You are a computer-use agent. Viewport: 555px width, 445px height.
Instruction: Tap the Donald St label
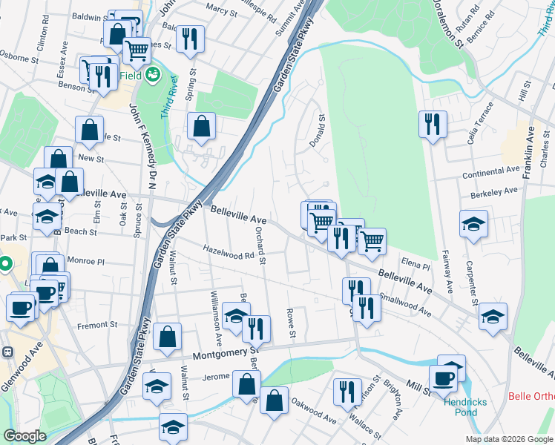tap(322, 131)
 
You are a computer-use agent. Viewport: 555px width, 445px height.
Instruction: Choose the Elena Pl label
tap(416, 265)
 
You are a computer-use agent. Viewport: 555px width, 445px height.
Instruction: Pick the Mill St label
tap(418, 386)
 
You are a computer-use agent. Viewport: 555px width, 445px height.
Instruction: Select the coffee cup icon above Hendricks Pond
tap(443, 378)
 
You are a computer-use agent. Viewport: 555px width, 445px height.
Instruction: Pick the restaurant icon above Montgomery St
tap(256, 327)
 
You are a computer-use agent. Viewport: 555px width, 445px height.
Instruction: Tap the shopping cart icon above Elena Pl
tap(372, 239)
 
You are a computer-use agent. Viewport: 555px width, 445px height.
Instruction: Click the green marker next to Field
tap(153, 74)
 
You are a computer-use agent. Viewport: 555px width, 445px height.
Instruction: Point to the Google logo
tap(25, 436)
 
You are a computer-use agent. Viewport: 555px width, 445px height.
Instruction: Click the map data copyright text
tap(508, 439)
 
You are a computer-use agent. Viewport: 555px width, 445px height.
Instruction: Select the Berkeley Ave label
tap(493, 191)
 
